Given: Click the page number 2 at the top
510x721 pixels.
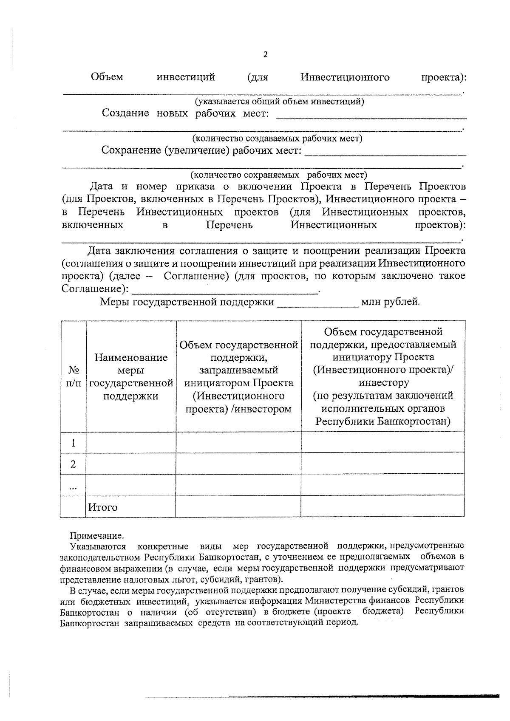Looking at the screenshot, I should (266, 54).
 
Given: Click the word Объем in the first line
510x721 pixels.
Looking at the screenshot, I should (107, 77).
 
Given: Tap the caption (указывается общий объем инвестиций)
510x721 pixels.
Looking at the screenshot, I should (279, 102).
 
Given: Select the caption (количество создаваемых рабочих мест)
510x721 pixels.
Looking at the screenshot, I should (277, 139).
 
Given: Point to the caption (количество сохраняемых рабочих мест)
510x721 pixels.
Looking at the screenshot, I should (279, 175).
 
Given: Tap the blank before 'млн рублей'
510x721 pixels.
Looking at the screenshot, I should (318, 304).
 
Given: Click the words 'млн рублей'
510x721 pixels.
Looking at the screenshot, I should (390, 302).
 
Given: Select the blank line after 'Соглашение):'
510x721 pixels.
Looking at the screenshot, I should (226, 291).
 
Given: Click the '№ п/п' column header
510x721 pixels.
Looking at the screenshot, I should (73, 376).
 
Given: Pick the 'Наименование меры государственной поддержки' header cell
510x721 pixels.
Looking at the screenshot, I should (131, 376).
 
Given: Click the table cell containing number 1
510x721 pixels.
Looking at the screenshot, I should (73, 443).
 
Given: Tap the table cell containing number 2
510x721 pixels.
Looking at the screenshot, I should (73, 464).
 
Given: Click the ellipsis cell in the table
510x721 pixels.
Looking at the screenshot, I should (73, 485).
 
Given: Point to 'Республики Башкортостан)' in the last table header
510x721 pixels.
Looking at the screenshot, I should (383, 421).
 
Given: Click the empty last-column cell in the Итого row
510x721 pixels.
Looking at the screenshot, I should (382, 506).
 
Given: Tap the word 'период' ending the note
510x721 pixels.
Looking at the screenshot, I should (343, 622).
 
